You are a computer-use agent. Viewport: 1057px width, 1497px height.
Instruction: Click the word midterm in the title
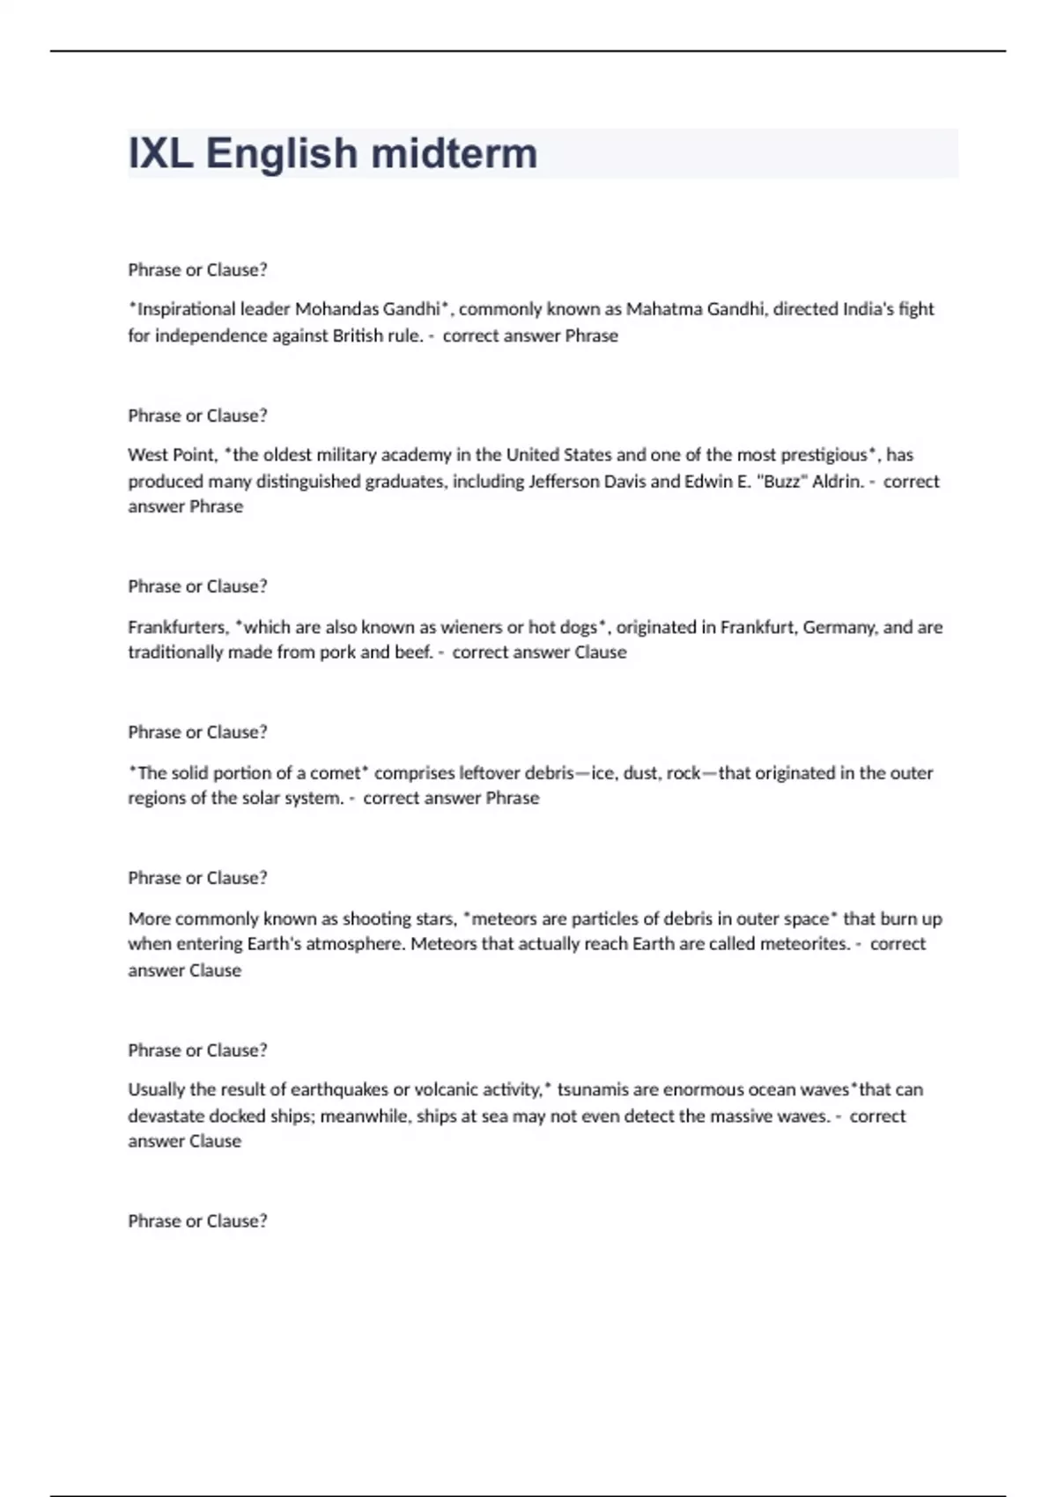click(x=454, y=153)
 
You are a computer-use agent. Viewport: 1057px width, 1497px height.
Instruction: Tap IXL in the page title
click(x=160, y=153)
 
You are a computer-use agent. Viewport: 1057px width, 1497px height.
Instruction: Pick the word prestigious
click(x=824, y=455)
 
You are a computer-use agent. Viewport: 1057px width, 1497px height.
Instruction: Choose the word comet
click(x=335, y=773)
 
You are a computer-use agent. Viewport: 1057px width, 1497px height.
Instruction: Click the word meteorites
click(x=804, y=944)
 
